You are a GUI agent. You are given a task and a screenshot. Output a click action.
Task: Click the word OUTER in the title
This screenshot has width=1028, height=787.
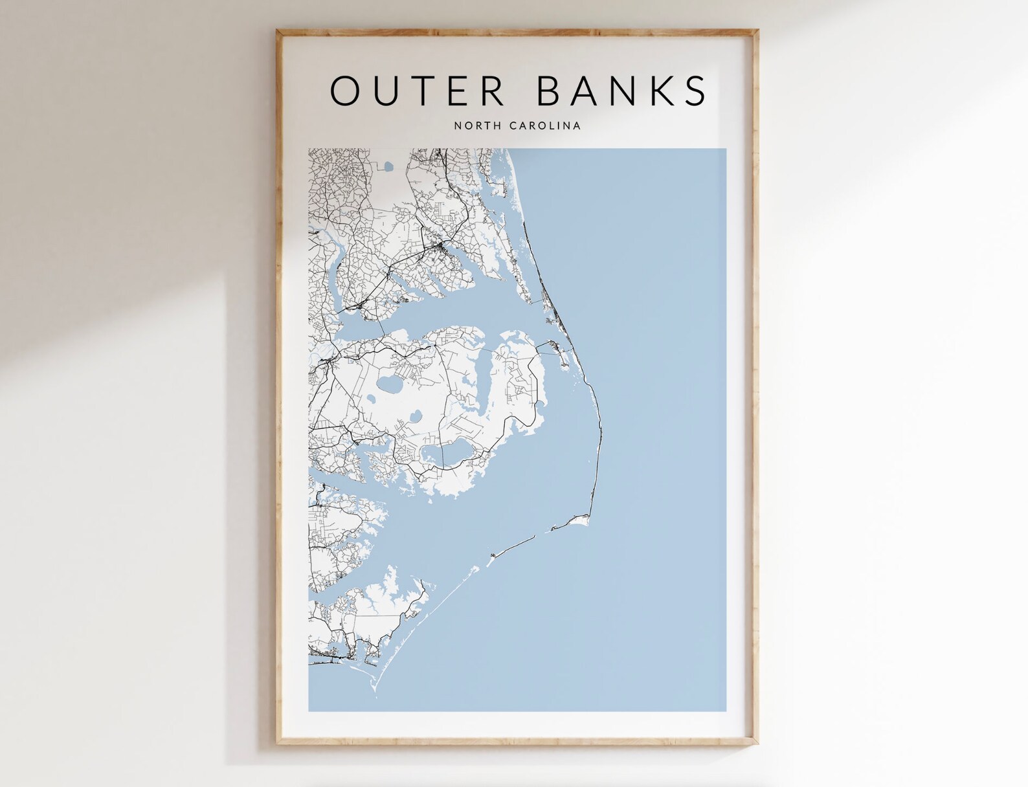pyautogui.click(x=418, y=91)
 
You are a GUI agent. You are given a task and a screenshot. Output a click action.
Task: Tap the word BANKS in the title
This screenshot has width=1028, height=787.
pyautogui.click(x=621, y=91)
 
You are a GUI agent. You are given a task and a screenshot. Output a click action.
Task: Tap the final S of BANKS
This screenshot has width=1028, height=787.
pyautogui.click(x=695, y=91)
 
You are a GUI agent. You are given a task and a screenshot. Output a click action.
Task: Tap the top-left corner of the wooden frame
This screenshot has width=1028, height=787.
pyautogui.click(x=277, y=30)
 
